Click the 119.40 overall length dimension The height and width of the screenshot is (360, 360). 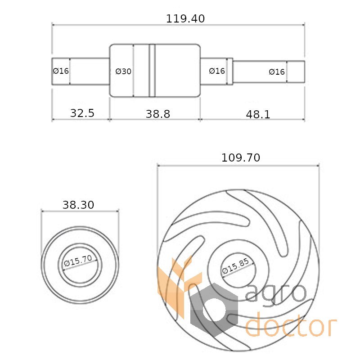click(185, 18)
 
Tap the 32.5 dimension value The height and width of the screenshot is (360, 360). click(82, 113)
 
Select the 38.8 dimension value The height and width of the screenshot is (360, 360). click(158, 114)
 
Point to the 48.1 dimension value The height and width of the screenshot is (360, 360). click(258, 114)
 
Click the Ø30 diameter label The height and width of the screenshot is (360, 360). click(123, 72)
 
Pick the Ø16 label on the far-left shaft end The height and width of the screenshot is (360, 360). click(61, 71)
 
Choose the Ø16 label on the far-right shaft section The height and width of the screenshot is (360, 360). click(277, 72)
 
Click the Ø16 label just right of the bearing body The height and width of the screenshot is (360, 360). click(217, 71)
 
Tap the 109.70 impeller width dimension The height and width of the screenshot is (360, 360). click(241, 158)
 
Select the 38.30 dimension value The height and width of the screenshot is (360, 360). click(78, 205)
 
